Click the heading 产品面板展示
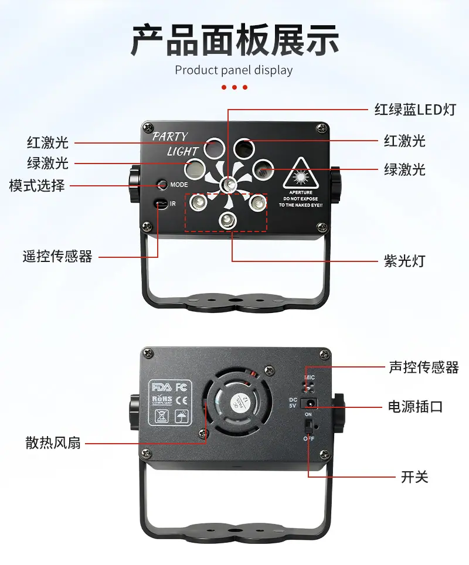(x=235, y=39)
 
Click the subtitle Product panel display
(x=234, y=70)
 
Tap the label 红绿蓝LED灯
(x=414, y=109)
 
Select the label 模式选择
(x=37, y=186)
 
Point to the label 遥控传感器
(x=57, y=256)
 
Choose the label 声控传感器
(x=423, y=367)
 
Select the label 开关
(x=414, y=476)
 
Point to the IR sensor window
(x=159, y=204)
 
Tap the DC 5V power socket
(x=309, y=403)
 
